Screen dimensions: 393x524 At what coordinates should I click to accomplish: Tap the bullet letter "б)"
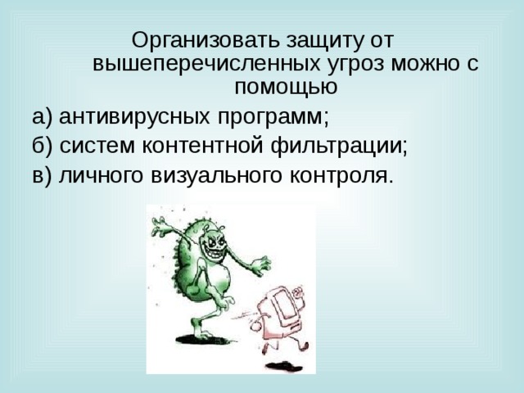(43, 146)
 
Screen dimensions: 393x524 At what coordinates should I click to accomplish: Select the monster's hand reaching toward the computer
(261, 267)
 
